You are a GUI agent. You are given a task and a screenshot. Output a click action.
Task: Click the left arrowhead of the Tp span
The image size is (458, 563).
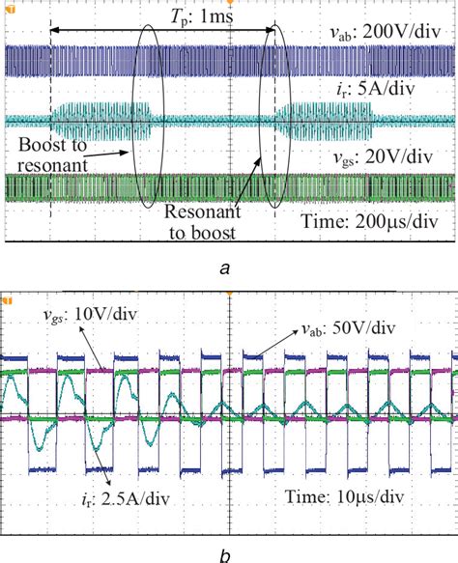pyautogui.click(x=53, y=31)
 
